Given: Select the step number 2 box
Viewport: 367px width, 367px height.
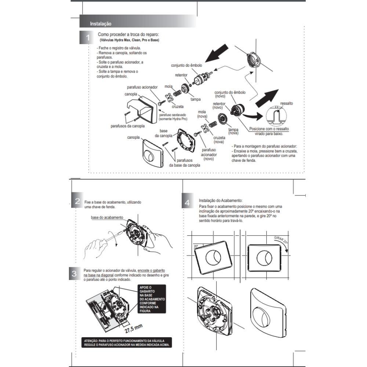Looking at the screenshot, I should (77, 201).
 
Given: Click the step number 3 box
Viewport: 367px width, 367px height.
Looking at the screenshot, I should (75, 273).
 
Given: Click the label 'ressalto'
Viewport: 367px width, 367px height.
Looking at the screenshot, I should (286, 103).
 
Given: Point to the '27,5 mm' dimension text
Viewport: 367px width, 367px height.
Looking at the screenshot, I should (133, 328).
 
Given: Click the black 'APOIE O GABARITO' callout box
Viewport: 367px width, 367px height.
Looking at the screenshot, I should (151, 299).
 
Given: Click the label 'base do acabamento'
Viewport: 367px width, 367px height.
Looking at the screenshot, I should (107, 217).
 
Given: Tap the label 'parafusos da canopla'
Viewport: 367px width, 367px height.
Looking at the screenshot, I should (128, 126).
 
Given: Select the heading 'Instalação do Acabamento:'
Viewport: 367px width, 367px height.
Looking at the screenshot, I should (221, 201).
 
